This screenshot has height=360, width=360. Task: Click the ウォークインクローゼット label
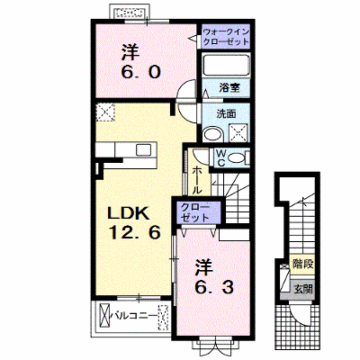(x=226, y=36)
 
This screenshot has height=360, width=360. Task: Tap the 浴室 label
(x=229, y=88)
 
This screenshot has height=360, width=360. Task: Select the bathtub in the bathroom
(x=226, y=66)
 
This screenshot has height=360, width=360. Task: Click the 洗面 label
(x=226, y=113)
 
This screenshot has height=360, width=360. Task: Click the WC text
(x=221, y=157)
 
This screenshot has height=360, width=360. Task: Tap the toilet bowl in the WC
(x=238, y=157)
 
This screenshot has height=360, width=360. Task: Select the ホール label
(x=197, y=180)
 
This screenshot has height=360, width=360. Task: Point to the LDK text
(x=129, y=213)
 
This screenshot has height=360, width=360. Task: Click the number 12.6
(x=134, y=232)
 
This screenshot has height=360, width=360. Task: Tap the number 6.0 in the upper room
(x=140, y=72)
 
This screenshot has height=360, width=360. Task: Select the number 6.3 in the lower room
(x=214, y=288)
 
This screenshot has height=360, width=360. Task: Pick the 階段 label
(x=302, y=265)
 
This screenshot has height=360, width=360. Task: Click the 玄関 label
(x=303, y=289)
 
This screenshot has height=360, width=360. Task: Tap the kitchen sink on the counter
(x=144, y=149)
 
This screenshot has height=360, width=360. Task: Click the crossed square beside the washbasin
(x=239, y=132)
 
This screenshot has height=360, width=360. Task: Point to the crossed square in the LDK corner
(x=105, y=112)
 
